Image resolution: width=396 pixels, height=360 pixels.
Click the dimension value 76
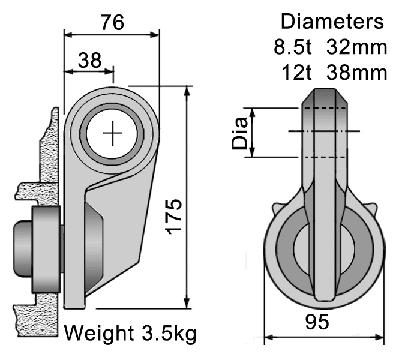click(112, 22)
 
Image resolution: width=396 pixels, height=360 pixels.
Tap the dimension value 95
click(316, 322)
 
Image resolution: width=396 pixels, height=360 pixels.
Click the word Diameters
click(332, 22)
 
